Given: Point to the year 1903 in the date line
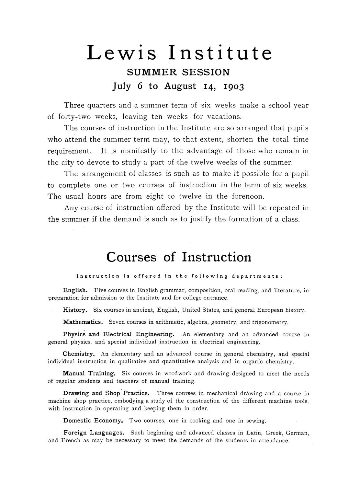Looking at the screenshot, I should click(231, 87).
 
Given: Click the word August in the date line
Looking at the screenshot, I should click(180, 86).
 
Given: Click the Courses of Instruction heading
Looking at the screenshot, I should click(179, 257).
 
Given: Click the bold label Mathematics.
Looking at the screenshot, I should click(83, 322).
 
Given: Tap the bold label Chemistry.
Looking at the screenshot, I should click(79, 354).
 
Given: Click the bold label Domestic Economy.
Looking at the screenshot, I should click(93, 421).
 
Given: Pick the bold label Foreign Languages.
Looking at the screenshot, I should click(94, 433).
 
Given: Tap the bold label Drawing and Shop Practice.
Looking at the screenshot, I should click(107, 393).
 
